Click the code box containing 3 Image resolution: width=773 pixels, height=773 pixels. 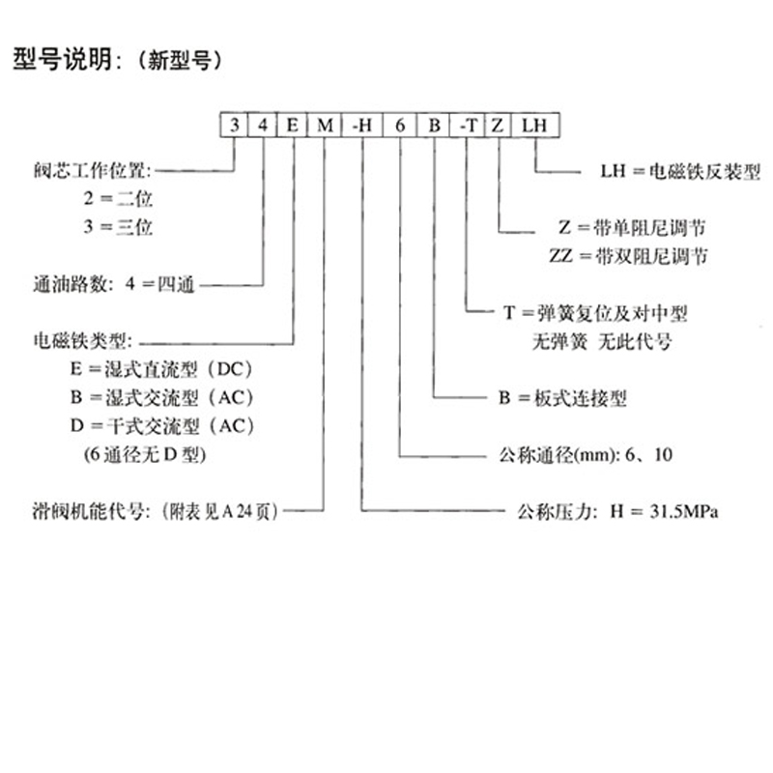point(234,125)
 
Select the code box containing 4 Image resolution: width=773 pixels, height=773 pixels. point(263,125)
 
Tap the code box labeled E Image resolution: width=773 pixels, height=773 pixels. point(292,125)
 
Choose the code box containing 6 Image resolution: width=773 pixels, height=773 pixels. point(399,125)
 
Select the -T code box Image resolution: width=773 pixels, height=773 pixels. point(467,125)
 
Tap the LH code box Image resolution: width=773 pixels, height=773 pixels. point(534,125)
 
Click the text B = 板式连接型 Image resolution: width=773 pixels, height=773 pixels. point(563,398)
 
